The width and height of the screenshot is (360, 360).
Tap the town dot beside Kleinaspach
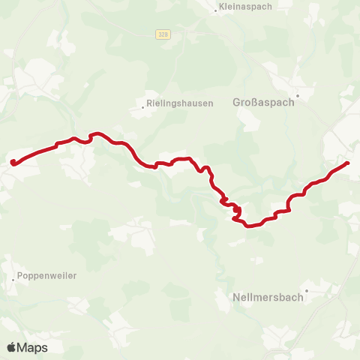[x=215, y=10]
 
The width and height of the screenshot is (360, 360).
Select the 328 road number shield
[x=163, y=34]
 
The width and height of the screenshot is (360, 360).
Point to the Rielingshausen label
[x=180, y=103]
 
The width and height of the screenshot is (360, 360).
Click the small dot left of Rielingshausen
[x=143, y=107]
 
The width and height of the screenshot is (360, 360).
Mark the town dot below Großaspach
[x=298, y=96]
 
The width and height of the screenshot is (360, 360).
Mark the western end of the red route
[x=12, y=161]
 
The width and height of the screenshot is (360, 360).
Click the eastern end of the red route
[x=347, y=163]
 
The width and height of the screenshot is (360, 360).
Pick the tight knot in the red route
[x=235, y=211]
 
